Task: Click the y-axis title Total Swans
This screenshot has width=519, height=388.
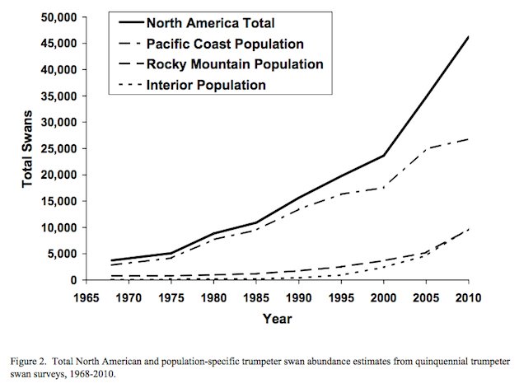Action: click(x=27, y=148)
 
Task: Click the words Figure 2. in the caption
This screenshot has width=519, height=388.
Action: click(x=30, y=362)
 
